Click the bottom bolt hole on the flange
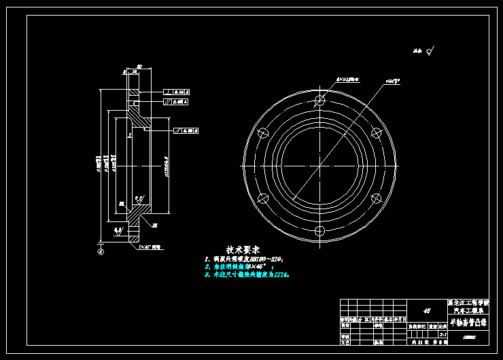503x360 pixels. (x=319, y=231)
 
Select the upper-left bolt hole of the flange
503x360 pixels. (x=262, y=133)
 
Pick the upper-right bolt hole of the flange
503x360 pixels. (x=376, y=133)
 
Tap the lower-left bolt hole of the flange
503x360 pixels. (x=262, y=198)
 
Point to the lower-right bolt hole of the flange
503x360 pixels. (x=376, y=198)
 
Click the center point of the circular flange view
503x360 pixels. (x=319, y=166)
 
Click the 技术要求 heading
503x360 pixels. (x=243, y=250)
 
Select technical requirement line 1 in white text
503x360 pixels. (x=244, y=259)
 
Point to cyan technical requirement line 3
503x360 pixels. (x=247, y=275)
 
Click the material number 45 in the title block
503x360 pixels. (x=427, y=310)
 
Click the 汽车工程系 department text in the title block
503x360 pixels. (x=468, y=310)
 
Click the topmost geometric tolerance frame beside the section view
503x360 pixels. (x=176, y=92)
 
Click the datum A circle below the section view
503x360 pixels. (x=101, y=251)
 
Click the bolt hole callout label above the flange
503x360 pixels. (x=348, y=79)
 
